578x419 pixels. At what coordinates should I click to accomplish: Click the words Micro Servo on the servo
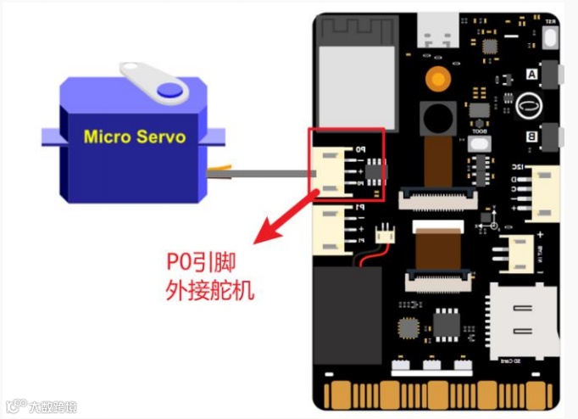pyautogui.click(x=135, y=137)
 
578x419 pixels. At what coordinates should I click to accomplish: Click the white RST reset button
pyautogui.click(x=551, y=36)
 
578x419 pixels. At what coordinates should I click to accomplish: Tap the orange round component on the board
pyautogui.click(x=438, y=80)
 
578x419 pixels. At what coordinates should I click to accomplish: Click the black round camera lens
pyautogui.click(x=438, y=115)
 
